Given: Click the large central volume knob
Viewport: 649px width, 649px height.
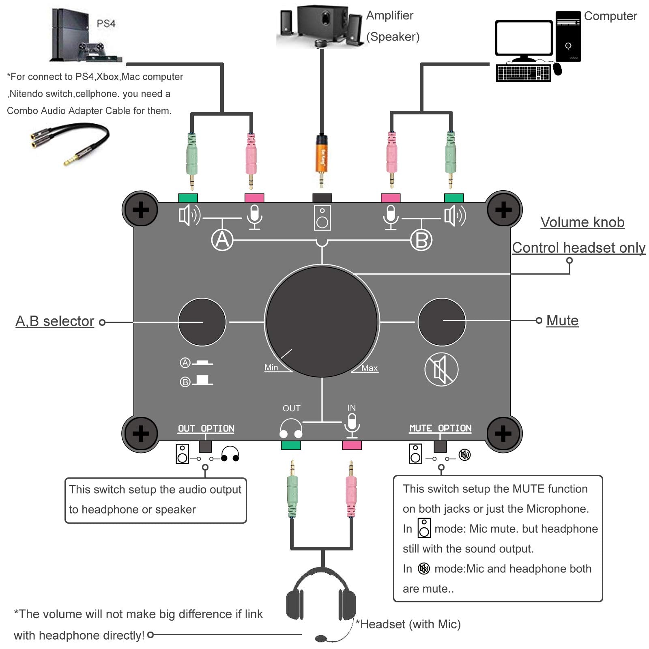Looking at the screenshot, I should click(x=322, y=321).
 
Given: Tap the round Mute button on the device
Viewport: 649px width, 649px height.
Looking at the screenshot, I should click(x=441, y=322).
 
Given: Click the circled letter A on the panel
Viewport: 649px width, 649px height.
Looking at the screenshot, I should click(x=222, y=240).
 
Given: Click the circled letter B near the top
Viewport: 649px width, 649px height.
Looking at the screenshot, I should click(x=421, y=240).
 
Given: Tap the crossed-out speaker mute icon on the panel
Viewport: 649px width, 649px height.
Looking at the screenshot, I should click(x=441, y=370).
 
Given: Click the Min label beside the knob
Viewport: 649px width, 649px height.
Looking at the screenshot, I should click(x=271, y=367).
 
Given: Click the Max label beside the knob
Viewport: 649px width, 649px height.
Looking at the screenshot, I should click(x=370, y=368).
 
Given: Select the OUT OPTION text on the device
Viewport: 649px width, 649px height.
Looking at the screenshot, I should click(x=206, y=428).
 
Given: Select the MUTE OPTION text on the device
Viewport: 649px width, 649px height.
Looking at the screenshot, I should click(x=440, y=428).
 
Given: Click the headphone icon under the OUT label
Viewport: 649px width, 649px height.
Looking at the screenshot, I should click(x=291, y=429).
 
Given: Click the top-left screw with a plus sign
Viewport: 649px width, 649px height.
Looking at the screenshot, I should click(x=141, y=210).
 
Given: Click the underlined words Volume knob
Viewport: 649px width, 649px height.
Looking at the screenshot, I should click(x=582, y=222).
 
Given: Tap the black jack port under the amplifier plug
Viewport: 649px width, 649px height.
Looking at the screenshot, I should click(x=322, y=198).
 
